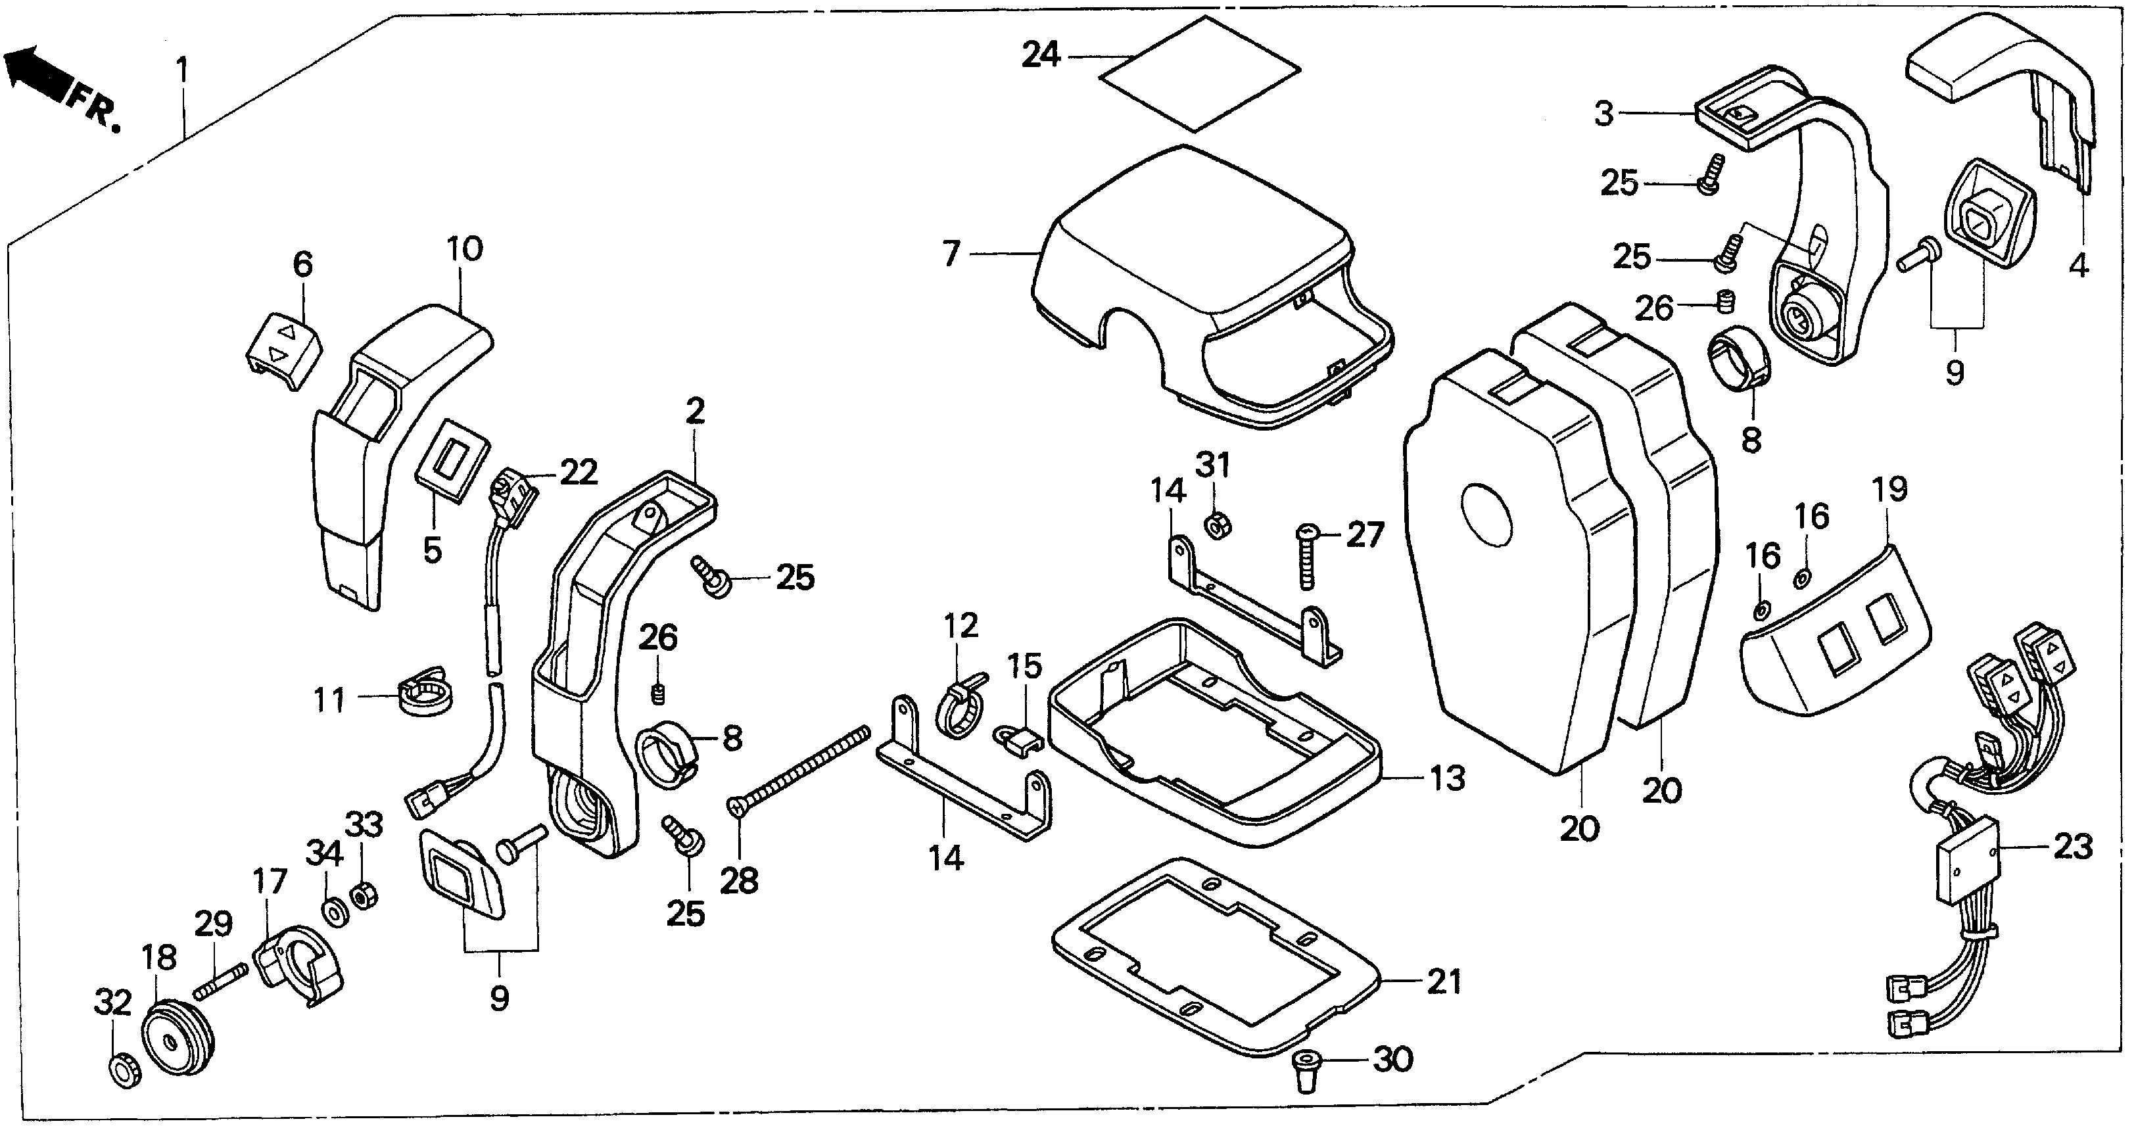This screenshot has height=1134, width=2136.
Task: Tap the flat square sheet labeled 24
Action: click(1200, 73)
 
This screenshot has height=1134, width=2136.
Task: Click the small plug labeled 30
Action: click(1307, 1070)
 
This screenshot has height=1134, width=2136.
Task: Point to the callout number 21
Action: click(1444, 982)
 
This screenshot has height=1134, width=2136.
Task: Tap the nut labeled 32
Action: click(125, 1070)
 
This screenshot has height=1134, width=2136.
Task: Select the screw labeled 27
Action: click(1306, 557)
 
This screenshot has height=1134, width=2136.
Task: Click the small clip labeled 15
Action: click(1018, 737)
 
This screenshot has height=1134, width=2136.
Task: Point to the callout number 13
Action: click(1447, 778)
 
